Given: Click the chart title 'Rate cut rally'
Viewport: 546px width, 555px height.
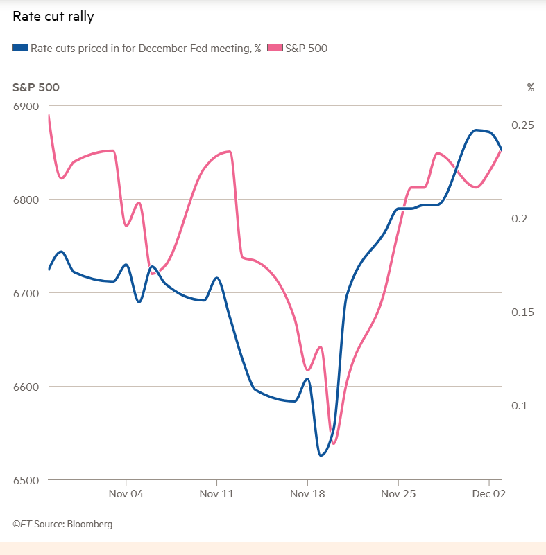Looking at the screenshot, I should pos(53,16).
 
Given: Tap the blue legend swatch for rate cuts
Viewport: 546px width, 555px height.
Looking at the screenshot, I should pos(20,48).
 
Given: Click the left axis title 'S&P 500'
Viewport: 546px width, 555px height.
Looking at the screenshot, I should pos(35,87).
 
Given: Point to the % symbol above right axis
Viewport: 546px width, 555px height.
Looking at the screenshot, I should pos(530,87).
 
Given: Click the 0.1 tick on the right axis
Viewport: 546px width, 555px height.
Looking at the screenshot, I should pos(520,405).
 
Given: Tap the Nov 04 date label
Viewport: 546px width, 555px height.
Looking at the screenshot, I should pos(126,494).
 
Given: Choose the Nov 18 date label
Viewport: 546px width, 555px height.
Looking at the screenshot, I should pos(307,494).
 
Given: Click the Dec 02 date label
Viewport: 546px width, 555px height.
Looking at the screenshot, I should pos(490,494).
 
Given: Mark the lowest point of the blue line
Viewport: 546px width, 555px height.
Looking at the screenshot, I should pos(321,455).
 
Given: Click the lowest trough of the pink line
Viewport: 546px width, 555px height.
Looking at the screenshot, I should pos(334,443).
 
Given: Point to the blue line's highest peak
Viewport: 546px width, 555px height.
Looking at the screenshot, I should pos(476,130).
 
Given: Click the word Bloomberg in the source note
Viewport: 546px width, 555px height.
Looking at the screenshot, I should pos(89,524).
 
